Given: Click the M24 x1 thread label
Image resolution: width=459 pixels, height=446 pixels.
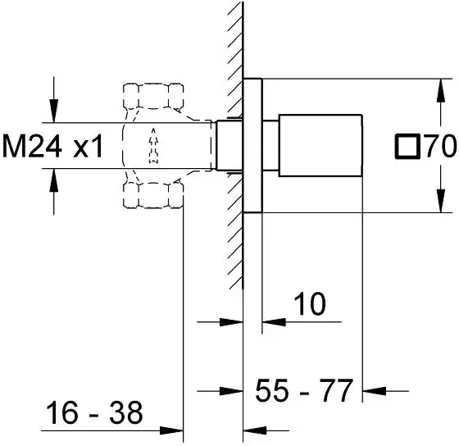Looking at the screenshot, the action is point(52,147).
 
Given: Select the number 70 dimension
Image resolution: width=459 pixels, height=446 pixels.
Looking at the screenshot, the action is point(441,146).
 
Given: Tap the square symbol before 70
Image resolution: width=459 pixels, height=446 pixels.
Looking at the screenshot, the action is point(407,147).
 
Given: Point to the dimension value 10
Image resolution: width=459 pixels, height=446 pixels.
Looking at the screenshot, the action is point(310,304).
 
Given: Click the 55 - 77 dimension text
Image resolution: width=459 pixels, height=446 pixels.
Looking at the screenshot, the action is point(304,390).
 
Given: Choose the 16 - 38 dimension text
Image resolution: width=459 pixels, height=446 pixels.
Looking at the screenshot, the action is point(94,413).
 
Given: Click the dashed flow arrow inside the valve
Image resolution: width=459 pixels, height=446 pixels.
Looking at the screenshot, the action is point(153,146).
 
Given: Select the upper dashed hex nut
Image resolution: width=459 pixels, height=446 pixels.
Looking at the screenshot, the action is point(153,96).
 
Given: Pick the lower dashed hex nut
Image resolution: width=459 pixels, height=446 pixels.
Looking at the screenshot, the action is point(153,195).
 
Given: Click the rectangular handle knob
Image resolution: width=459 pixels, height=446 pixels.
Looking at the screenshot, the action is point(320,146).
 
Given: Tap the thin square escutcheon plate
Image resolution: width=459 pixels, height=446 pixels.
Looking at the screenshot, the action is point(252,146).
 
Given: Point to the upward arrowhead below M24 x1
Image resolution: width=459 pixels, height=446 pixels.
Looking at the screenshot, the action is point(53,180).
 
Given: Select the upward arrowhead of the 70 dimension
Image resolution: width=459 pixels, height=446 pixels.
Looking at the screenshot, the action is point(441,90).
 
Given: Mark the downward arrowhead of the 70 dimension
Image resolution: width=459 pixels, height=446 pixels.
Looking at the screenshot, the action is point(441,201).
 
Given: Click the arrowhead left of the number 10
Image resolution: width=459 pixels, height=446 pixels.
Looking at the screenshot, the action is point(274,322).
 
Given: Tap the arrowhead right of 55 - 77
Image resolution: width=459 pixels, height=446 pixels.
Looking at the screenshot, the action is point(374,390).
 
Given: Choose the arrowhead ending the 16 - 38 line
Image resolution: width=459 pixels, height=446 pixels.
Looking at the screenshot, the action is point(171,430).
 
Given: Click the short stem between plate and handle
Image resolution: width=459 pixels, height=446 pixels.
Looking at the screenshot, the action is point(270,146).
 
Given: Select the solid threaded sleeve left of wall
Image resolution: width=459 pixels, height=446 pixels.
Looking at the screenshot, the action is point(229,146).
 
